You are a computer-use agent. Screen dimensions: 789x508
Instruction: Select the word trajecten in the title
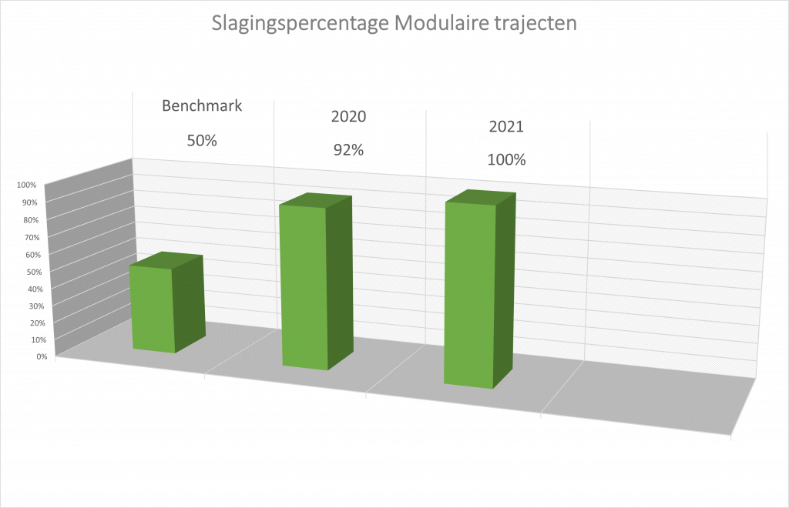(x=536, y=24)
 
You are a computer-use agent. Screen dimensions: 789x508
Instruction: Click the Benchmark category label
(x=202, y=105)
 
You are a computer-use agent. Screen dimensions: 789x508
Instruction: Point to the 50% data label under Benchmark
(x=202, y=141)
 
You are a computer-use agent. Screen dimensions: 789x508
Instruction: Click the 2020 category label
(x=349, y=116)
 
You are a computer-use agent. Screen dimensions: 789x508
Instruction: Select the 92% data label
(x=349, y=150)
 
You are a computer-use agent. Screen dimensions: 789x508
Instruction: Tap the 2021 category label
(x=507, y=127)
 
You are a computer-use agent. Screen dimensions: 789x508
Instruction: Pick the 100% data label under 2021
(x=507, y=160)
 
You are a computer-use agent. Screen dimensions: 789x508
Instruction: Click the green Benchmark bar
(x=167, y=303)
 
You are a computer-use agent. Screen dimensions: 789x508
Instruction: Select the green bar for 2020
(x=316, y=282)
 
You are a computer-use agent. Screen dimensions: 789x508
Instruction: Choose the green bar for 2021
(x=480, y=289)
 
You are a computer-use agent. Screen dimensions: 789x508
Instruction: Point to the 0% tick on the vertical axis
(x=42, y=357)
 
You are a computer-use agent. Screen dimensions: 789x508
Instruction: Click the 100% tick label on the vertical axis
(x=27, y=185)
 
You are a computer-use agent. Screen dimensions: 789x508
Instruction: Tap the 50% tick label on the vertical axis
(x=34, y=272)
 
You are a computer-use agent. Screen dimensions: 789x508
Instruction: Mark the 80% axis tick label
(x=31, y=220)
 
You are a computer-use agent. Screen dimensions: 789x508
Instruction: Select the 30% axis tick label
(x=37, y=306)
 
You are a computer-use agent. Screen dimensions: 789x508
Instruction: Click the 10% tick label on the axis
(x=39, y=339)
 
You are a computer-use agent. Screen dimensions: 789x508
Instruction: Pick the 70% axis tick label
(x=32, y=237)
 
